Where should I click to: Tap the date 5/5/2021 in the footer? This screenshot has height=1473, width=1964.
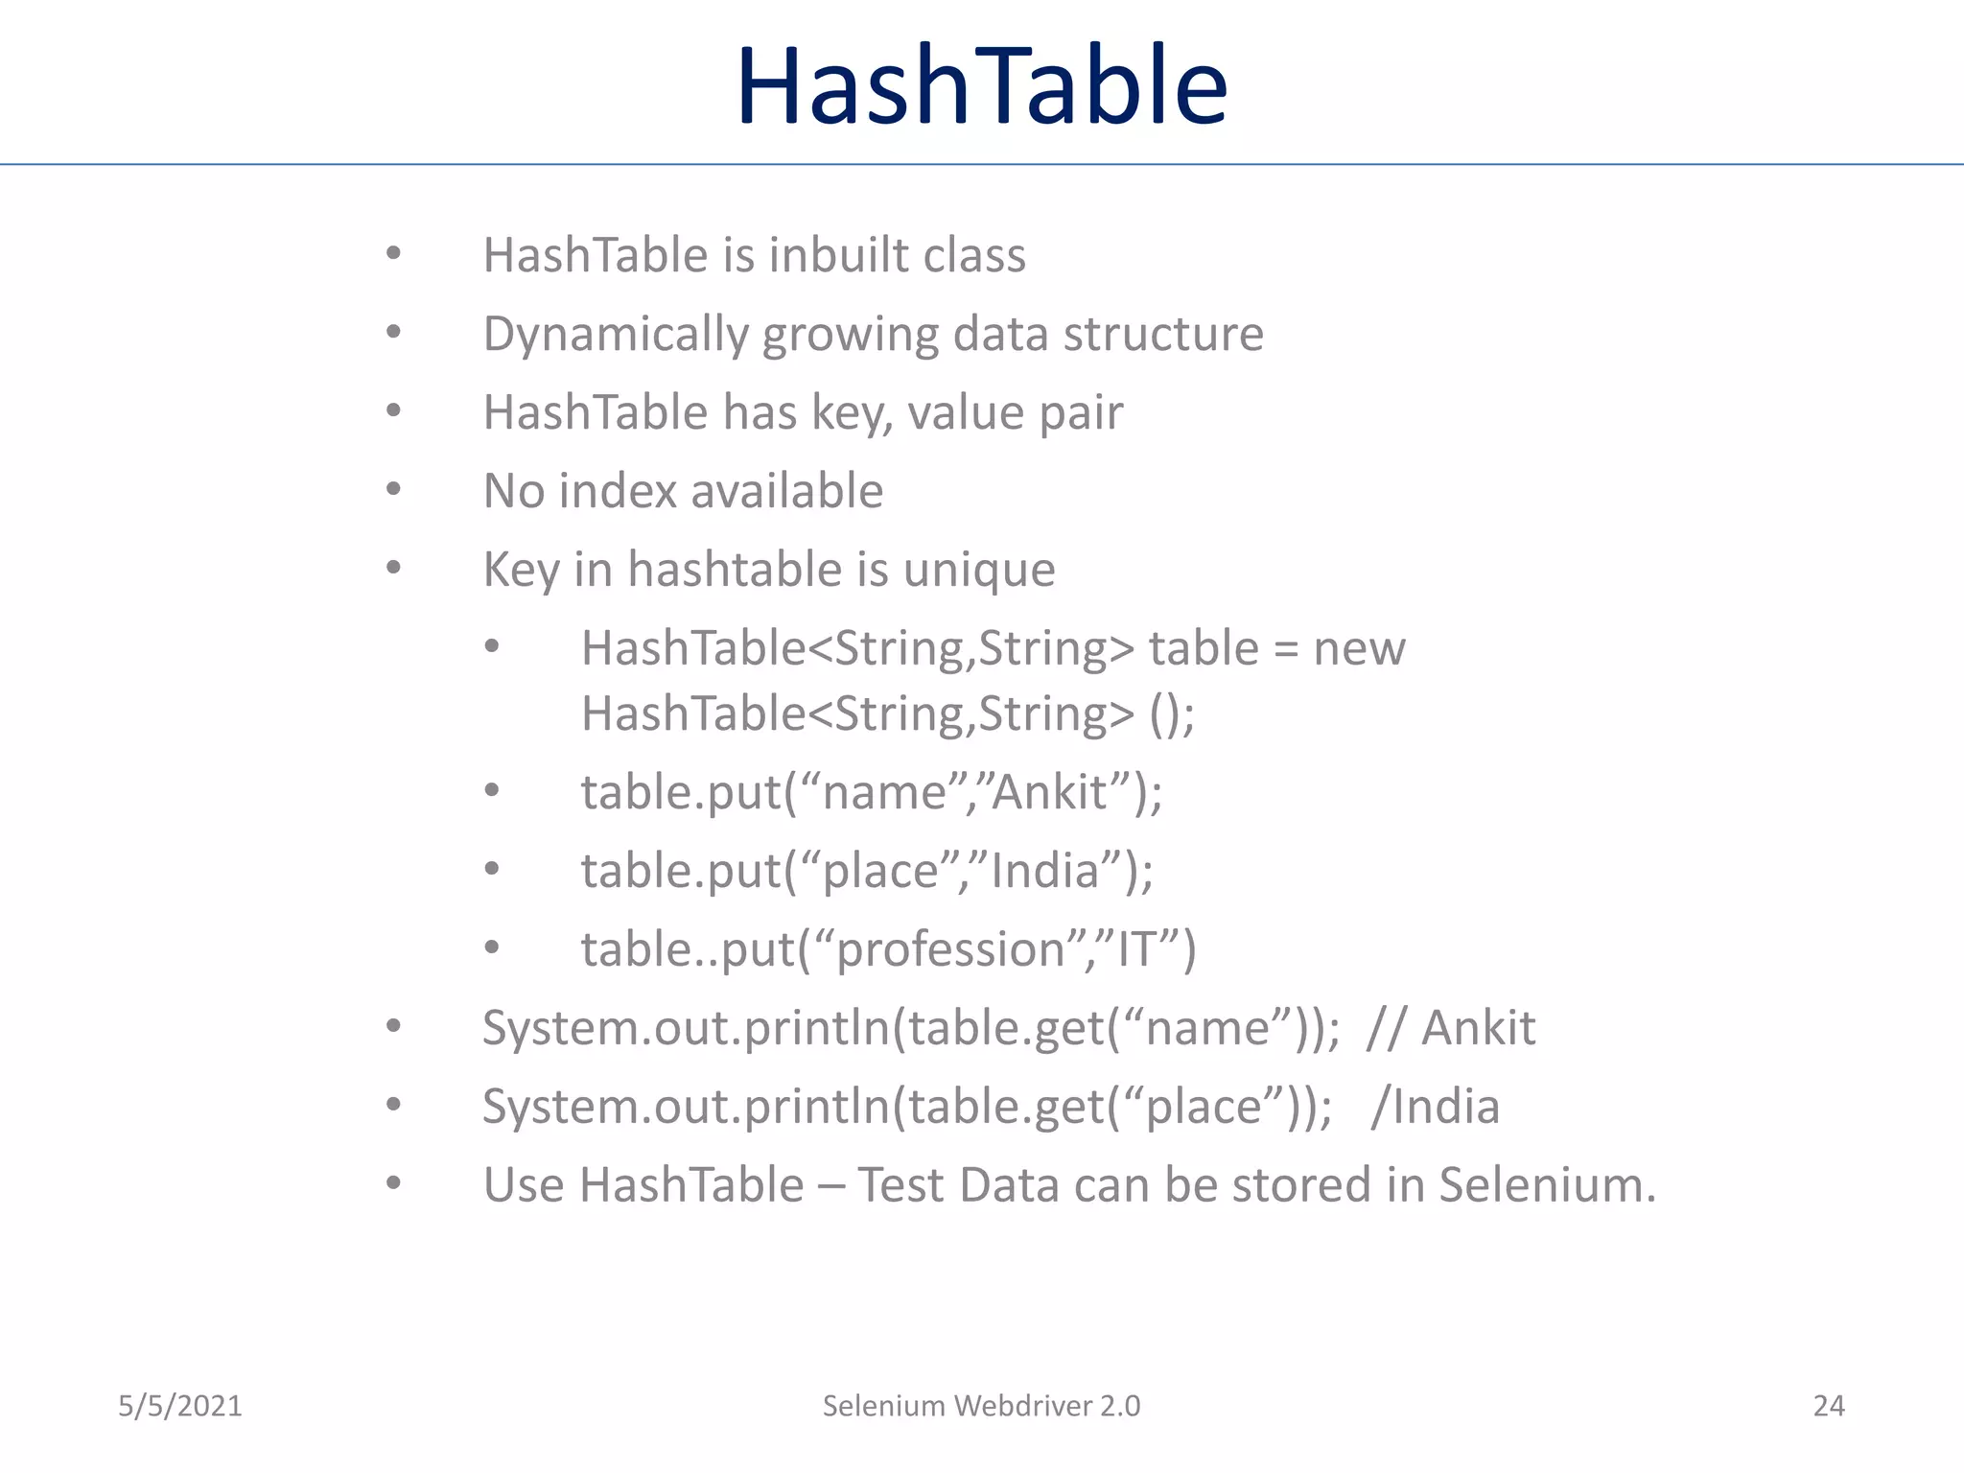179,1406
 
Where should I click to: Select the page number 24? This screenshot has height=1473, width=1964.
1828,1406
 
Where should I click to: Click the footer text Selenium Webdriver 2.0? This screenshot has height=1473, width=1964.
981,1406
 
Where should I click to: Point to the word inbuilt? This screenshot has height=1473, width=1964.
838,256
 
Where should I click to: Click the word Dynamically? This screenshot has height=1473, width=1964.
615,335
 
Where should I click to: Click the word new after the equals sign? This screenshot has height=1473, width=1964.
1359,649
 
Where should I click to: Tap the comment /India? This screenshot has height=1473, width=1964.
1435,1107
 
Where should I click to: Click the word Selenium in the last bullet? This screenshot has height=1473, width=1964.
1547,1185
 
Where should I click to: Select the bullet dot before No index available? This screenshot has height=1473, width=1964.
393,490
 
